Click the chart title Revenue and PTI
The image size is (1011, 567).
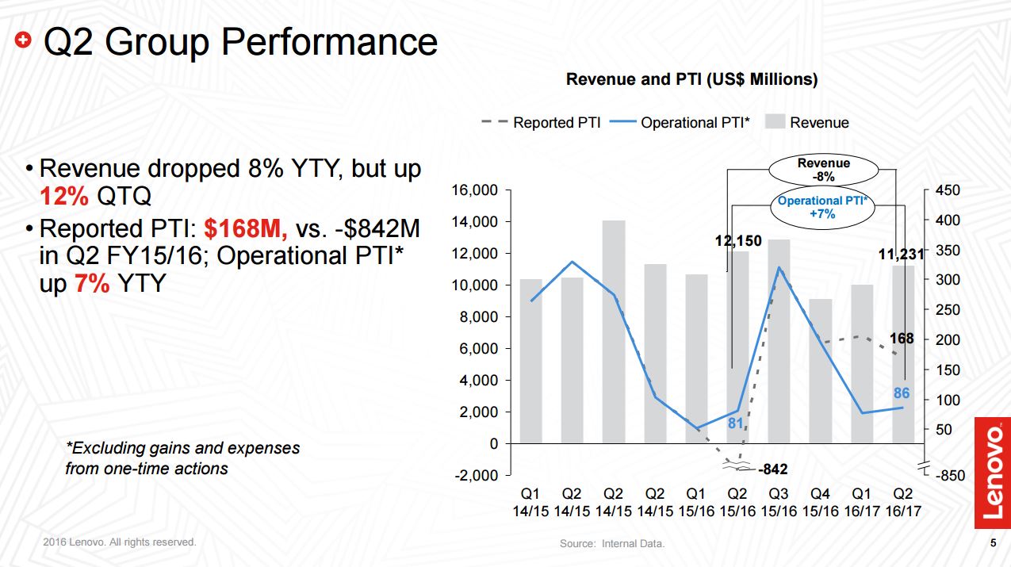pos(691,79)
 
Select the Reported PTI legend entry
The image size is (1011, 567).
pos(541,123)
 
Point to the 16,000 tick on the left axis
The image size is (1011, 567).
pos(474,190)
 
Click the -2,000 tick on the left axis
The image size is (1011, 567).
pos(476,475)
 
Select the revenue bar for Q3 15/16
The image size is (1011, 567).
pos(779,341)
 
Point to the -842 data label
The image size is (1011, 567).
pos(772,469)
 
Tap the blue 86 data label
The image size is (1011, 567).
pos(902,393)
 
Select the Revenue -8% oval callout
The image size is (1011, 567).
pos(823,170)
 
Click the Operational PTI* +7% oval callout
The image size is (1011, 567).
pos(823,208)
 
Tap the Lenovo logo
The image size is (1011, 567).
pos(993,472)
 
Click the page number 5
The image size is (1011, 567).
pos(993,543)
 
